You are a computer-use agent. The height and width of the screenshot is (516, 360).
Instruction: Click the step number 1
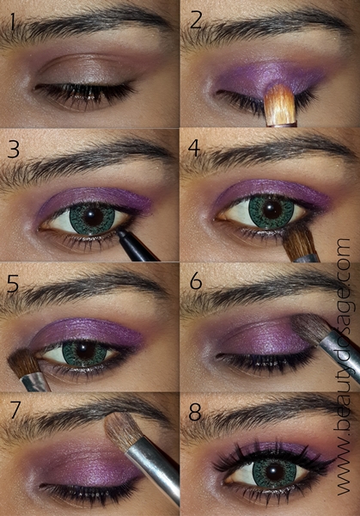point(13,21)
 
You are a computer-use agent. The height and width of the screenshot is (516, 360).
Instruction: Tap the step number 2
point(195,21)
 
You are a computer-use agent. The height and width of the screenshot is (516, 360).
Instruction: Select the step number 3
point(13,149)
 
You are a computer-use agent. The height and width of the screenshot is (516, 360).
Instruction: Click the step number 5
point(13,284)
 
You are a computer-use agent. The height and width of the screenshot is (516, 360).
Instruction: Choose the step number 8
point(195,412)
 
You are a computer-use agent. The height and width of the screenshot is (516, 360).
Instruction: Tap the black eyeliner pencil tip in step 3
point(122,233)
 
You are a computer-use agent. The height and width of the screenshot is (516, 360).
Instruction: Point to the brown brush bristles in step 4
point(298,240)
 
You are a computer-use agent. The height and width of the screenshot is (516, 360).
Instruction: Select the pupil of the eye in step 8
point(274,471)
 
